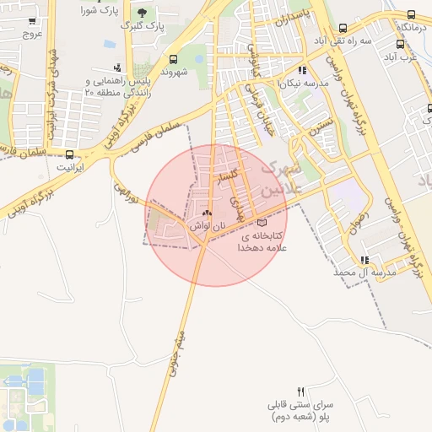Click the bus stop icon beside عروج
32,21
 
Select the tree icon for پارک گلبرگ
142,12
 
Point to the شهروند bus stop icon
173,59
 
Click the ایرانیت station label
71,167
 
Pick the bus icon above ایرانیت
69,154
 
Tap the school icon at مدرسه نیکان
302,71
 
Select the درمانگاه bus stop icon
411,15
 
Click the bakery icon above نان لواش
208,213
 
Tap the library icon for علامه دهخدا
261,223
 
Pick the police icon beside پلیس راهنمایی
116,67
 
